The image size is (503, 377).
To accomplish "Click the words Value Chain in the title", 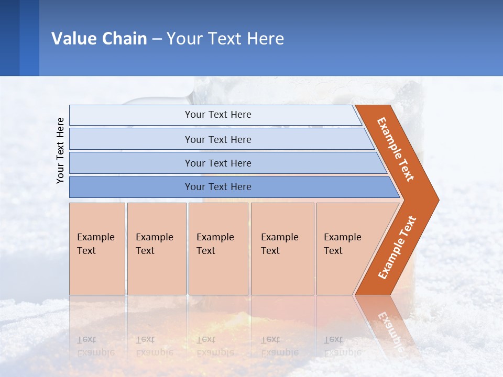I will tap(99, 38).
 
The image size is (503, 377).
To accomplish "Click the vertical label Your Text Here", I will tap(60, 150).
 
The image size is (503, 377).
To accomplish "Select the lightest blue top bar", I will tap(131, 115).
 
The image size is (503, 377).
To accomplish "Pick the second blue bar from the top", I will tap(131, 139).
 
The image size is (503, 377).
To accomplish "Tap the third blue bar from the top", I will tap(131, 163).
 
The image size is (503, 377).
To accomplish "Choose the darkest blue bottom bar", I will tap(131, 187).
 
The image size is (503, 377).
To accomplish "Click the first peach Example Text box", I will tap(97, 248).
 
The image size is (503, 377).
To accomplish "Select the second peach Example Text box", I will tap(157, 248).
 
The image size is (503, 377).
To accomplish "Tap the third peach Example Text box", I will tap(218, 248).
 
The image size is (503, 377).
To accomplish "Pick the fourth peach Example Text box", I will tap(282, 248).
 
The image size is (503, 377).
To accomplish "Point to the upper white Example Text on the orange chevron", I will tap(396, 149).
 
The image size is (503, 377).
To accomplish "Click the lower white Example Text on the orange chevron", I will tap(397, 247).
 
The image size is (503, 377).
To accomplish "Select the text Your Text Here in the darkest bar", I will tap(218, 187).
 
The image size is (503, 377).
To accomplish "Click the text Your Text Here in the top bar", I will tap(218, 115).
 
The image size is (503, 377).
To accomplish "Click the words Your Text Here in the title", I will tap(225, 38).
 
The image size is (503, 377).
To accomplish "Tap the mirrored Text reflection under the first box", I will tap(86, 339).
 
